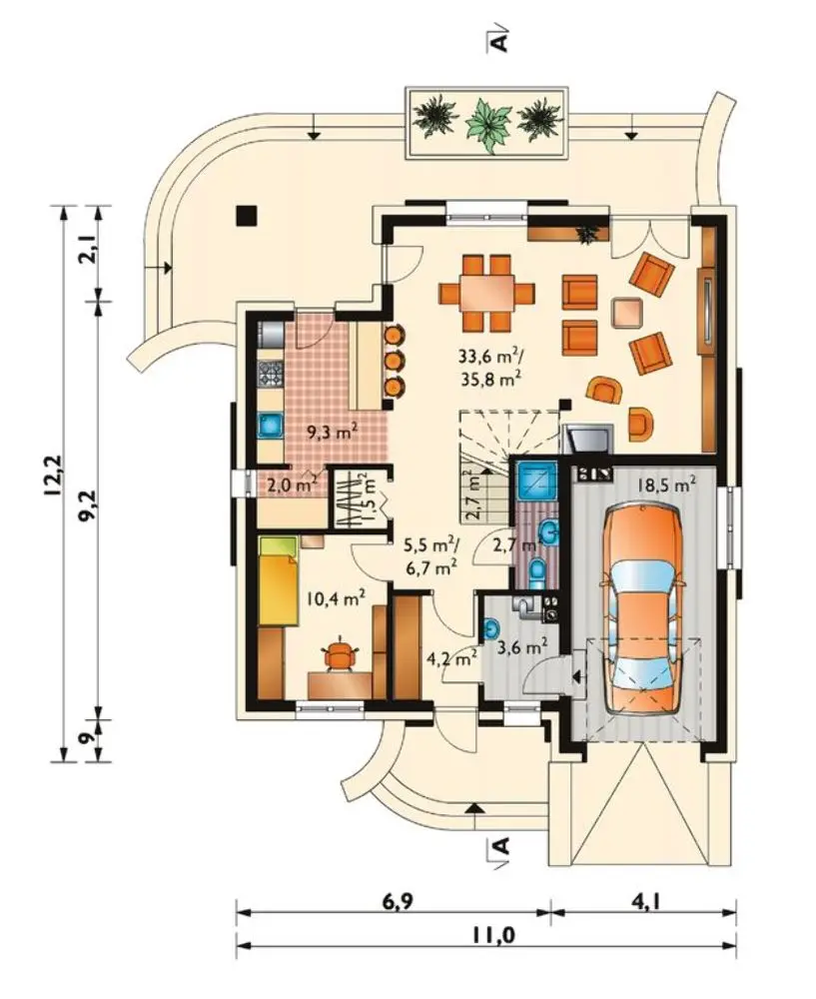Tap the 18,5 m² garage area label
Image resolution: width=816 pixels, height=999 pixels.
click(666, 485)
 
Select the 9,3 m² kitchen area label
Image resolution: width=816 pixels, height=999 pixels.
click(332, 434)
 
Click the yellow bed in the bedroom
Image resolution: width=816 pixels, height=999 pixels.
click(279, 581)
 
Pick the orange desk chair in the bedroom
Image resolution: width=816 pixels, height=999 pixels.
click(341, 655)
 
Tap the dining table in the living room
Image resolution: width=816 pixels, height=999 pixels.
click(487, 293)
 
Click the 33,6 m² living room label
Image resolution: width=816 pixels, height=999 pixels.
click(490, 356)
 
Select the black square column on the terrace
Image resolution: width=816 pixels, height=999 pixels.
click(246, 216)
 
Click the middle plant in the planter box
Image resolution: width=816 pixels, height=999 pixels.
click(488, 124)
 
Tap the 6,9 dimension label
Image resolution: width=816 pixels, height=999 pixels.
click(398, 902)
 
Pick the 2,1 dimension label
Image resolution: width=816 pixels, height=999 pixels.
click(87, 249)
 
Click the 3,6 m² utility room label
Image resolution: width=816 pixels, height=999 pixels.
click(522, 648)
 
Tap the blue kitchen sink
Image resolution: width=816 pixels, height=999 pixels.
click(271, 425)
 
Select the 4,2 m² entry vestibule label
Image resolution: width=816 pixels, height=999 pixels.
click(452, 658)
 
